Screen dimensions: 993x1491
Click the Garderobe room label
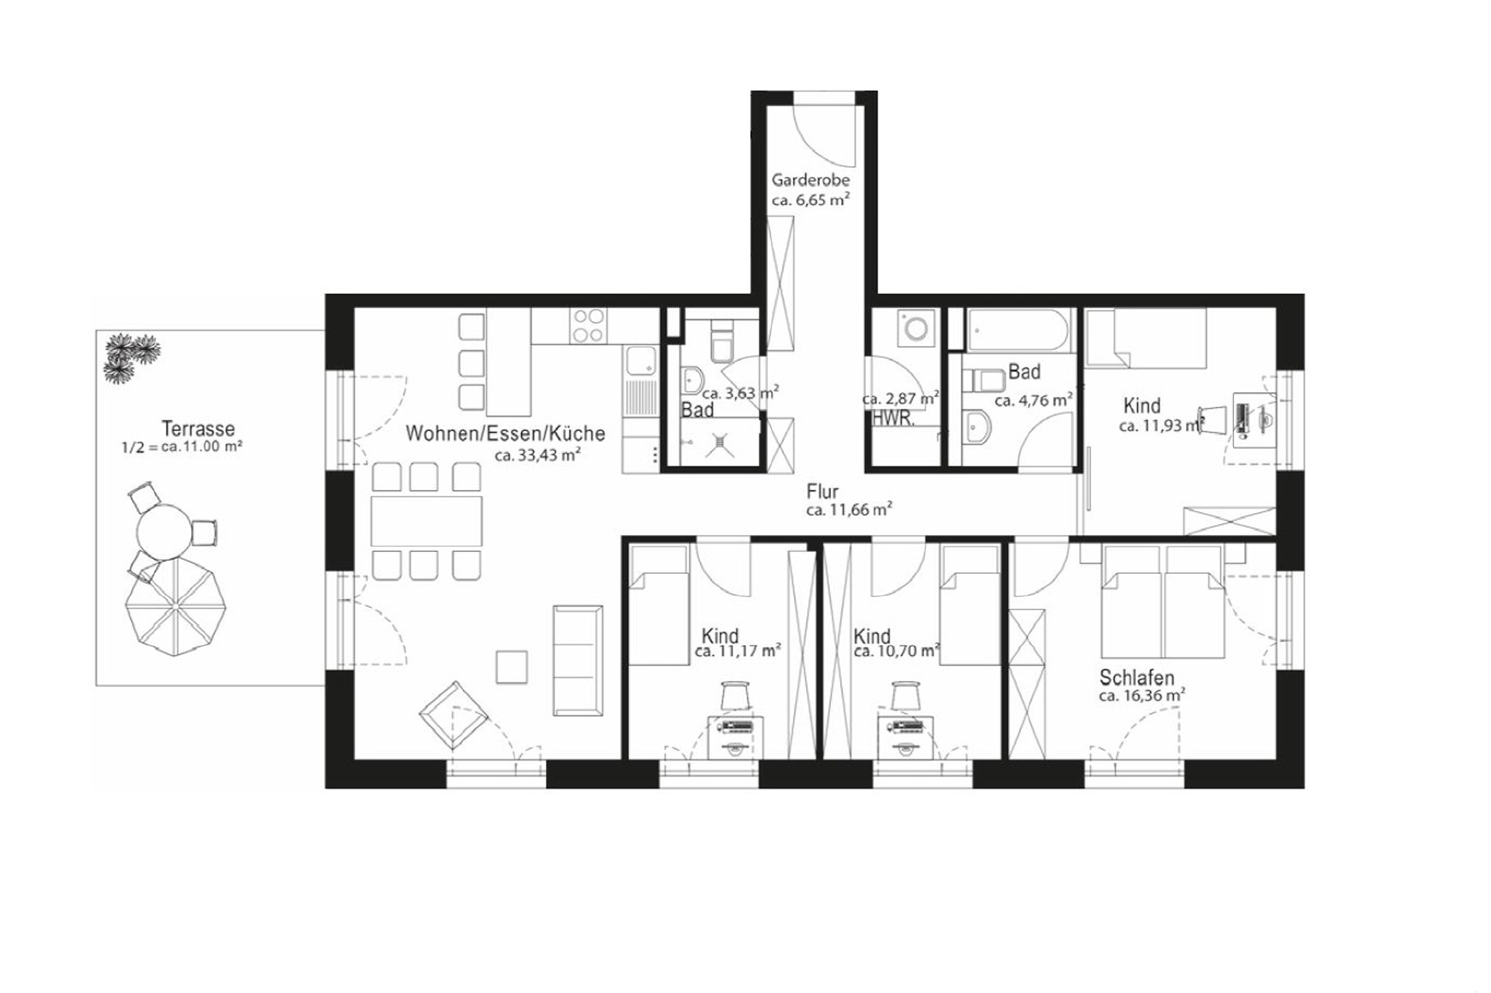(810, 180)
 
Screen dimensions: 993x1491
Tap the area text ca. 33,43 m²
(538, 455)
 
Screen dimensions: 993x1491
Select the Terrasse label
(198, 429)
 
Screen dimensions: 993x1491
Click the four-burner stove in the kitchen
(588, 325)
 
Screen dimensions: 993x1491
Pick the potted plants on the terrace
(130, 357)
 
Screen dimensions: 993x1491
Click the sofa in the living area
(578, 660)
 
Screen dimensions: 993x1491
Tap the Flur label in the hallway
(822, 491)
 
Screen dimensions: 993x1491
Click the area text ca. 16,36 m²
(1141, 696)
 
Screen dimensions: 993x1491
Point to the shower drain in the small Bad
(721, 442)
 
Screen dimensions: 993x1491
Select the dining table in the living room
(426, 521)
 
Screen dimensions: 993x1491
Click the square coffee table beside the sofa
(511, 667)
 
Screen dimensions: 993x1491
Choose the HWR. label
(893, 419)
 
